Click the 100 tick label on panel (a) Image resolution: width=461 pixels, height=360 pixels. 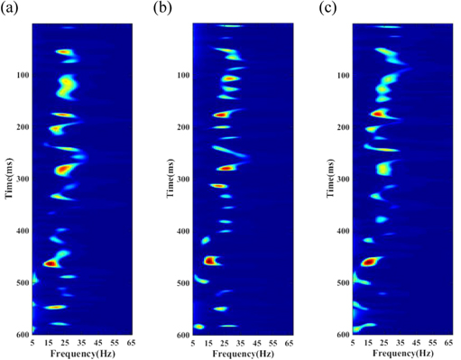[x=22, y=75]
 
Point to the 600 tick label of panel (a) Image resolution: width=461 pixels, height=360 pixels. [x=22, y=334]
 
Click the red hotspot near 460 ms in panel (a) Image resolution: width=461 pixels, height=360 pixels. [x=51, y=263]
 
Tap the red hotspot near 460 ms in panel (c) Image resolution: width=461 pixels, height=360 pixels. [x=369, y=261]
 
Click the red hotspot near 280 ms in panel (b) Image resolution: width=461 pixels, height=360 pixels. [x=226, y=168]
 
